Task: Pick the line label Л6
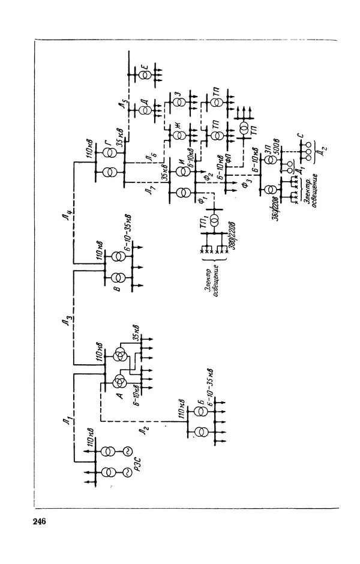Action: [155, 157]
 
